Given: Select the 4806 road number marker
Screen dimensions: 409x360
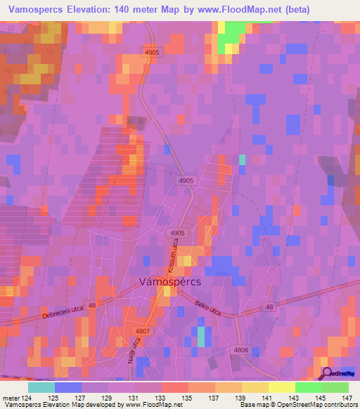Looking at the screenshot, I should point(241,349).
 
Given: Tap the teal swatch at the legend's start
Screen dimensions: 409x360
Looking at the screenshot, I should point(41,387).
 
